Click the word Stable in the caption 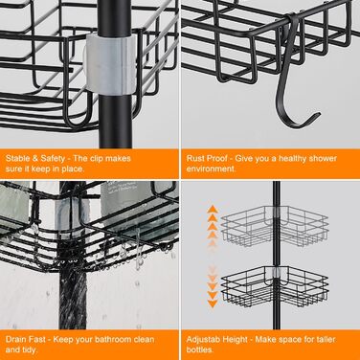tap(18, 158)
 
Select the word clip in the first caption tap(95, 158)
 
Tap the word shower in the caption tap(323, 158)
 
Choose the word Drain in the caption tap(15, 339)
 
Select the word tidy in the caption tap(30, 350)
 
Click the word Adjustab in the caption tap(201, 340)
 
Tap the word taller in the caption tap(326, 339)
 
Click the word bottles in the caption tap(199, 349)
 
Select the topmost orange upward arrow tap(213, 210)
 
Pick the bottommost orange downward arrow tap(213, 304)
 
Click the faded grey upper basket tap(275, 226)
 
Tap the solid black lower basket tap(275, 286)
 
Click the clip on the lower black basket tap(277, 272)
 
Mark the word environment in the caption tap(211, 169)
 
